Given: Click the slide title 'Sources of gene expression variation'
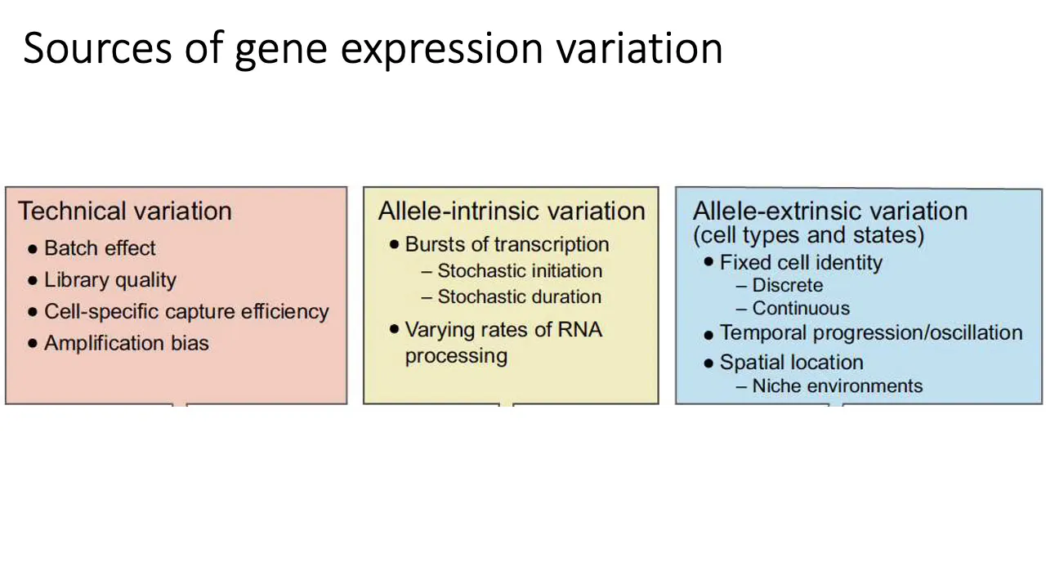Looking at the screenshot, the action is tap(373, 48).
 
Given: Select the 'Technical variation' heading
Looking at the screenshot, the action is tap(125, 211).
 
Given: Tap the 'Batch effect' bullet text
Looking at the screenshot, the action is tap(100, 247).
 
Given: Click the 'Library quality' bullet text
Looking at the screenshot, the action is tap(110, 280).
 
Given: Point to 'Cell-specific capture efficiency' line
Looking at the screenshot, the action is tap(186, 312).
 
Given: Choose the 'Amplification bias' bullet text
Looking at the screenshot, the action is tap(127, 343).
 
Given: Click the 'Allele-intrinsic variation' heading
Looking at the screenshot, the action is tap(512, 211).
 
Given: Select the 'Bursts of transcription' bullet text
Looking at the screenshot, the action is tap(507, 244).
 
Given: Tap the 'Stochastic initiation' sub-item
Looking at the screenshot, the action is tap(520, 270).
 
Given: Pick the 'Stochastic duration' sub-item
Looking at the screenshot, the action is tap(519, 296).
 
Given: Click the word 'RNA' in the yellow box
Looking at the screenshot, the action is tap(580, 329).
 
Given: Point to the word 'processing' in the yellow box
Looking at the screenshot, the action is tap(456, 357).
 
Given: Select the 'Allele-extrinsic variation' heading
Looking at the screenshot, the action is tap(829, 211).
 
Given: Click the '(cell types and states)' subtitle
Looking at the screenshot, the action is tap(808, 235).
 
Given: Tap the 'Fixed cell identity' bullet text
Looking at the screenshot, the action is tap(801, 262).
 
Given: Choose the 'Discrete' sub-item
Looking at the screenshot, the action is tap(787, 285).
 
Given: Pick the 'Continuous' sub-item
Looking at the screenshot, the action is tap(801, 308).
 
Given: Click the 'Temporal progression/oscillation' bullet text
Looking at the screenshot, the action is tap(871, 333).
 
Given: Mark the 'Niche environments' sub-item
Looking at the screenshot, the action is tap(838, 386).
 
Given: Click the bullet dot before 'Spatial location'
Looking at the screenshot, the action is tap(709, 363).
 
